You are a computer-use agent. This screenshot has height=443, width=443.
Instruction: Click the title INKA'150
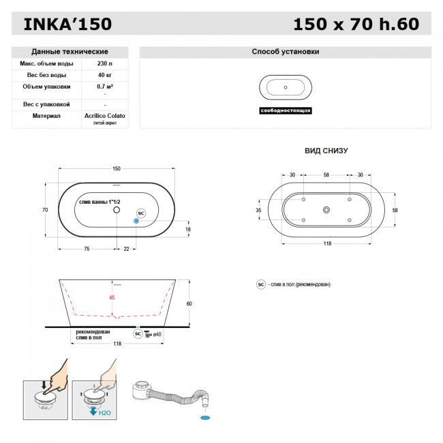coord(67,25)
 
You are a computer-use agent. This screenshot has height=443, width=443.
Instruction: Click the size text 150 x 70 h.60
coord(356,25)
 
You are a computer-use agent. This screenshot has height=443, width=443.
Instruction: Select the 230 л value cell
coord(104,63)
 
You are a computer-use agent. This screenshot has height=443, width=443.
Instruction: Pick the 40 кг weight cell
coord(104,75)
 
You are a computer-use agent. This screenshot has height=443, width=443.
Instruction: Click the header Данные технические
coord(70,52)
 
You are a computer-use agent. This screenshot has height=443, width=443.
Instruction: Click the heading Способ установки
coord(285,52)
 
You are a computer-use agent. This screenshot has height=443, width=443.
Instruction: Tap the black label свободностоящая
coord(286,110)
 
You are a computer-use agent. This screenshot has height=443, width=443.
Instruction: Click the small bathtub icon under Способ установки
coord(286,88)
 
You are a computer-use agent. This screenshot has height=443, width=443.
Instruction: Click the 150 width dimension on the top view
coord(117,168)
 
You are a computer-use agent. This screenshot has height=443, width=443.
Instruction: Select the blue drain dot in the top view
coord(136,221)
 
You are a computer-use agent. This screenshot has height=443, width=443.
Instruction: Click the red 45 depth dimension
coord(112,297)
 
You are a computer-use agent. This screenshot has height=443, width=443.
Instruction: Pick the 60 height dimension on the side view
coord(189,303)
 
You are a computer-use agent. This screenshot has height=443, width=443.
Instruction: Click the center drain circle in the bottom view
coord(326,211)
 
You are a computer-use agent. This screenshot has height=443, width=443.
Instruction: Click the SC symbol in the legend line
coord(260,284)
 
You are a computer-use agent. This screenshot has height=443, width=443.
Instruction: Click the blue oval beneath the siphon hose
coord(206,415)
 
